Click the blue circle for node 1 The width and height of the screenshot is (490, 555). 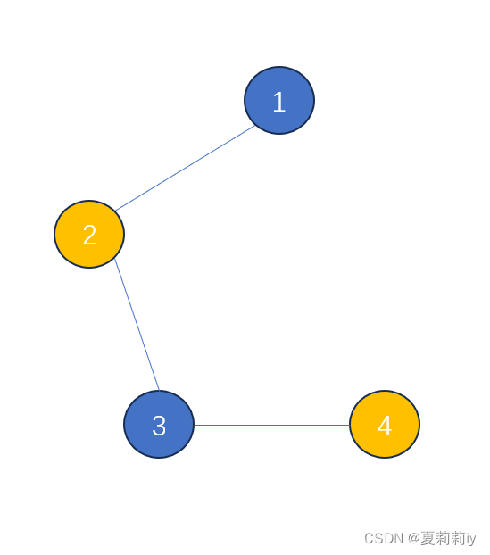279,101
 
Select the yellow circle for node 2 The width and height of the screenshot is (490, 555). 89,235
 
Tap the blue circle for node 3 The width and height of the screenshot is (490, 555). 159,425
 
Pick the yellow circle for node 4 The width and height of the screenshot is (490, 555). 385,425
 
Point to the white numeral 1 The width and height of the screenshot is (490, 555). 279,102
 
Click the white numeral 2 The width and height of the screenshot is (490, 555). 89,235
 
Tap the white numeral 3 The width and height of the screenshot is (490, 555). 159,426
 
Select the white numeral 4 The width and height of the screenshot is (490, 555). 385,426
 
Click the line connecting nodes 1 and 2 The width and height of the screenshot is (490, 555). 185,169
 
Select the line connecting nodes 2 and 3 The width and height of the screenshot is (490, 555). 137,325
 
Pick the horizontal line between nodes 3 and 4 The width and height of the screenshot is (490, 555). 272,425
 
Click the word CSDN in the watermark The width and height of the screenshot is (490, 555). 384,538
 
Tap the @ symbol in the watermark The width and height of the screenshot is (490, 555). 413,538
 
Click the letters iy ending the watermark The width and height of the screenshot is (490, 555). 470,539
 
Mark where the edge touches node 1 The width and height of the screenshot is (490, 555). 255,126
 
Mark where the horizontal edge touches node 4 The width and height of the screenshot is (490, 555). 350,425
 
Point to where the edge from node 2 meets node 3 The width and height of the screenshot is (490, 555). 160,391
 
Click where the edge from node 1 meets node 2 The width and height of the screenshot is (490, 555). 115,211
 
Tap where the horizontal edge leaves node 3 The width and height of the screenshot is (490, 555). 195,425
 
